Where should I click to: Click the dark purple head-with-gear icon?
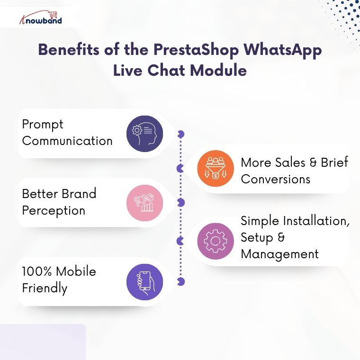pos(144,134)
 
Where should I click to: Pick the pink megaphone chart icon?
pos(144,203)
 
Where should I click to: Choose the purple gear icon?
pos(216,241)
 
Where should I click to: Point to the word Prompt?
pos(43,125)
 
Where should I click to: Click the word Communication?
pos(67,141)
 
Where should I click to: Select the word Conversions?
pos(275,179)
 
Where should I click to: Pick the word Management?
pos(279,254)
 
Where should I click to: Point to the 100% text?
pos(37,271)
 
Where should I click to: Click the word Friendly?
pos(45,288)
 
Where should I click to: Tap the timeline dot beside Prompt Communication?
pos(180,135)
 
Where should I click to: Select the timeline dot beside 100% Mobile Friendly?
pos(180,282)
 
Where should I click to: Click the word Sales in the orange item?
pos(290,162)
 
